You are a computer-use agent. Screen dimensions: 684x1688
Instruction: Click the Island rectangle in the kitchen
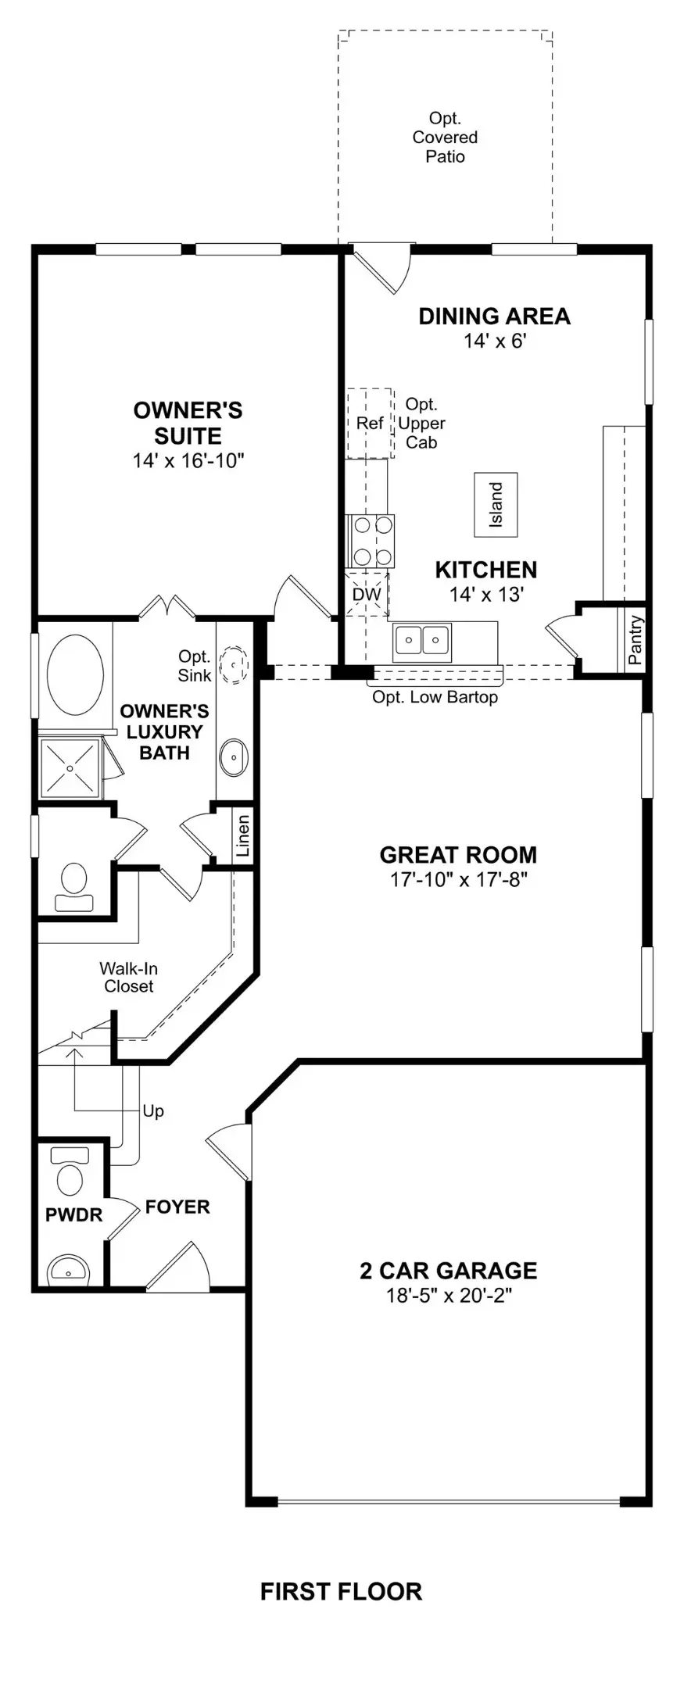pos(496,504)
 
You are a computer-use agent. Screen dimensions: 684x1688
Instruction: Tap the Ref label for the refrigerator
pos(370,423)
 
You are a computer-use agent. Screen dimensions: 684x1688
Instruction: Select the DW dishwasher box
pos(367,594)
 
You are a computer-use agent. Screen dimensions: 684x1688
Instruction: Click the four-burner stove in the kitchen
pos(371,542)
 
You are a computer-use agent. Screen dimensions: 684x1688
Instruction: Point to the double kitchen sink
pos(421,640)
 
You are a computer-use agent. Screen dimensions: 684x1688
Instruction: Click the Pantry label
pos(635,640)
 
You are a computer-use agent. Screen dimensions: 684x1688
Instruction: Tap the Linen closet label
pos(243,835)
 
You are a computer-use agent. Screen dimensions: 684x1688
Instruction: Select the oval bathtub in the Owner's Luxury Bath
pos(75,671)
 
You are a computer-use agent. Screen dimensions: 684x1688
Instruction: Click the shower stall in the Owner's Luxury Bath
pos(70,768)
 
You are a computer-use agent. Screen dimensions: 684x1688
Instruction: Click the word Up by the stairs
pos(153,1110)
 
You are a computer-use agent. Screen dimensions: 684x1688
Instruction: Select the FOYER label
pos(177,1207)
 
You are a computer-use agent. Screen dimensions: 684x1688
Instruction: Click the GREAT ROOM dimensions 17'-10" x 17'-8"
pos(459,880)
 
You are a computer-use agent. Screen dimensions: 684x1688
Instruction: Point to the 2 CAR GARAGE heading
pos(449,1270)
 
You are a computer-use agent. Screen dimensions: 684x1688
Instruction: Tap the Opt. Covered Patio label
pos(445,138)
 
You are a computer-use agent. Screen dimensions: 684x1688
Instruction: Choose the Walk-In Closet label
pos(129,977)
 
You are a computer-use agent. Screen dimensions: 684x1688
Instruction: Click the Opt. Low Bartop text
pos(435,696)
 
